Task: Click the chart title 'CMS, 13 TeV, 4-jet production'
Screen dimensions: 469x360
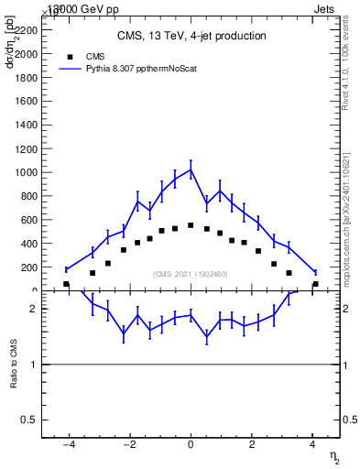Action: pyautogui.click(x=191, y=37)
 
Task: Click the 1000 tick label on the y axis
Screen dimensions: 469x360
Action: pyautogui.click(x=27, y=172)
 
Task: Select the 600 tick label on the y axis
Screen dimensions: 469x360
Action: pyautogui.click(x=29, y=220)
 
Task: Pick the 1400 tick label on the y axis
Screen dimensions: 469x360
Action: pyautogui.click(x=27, y=125)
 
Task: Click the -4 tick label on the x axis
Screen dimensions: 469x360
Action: pyautogui.click(x=67, y=446)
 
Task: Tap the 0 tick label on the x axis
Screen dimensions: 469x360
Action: pyautogui.click(x=191, y=446)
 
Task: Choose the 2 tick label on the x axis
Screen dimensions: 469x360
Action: pyautogui.click(x=252, y=446)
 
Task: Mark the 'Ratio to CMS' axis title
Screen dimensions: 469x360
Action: pyautogui.click(x=15, y=365)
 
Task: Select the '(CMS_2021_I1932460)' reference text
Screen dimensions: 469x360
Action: pyautogui.click(x=191, y=274)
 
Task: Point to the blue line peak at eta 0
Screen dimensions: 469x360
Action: pyautogui.click(x=191, y=169)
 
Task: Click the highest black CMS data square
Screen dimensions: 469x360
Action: pyautogui.click(x=191, y=225)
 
